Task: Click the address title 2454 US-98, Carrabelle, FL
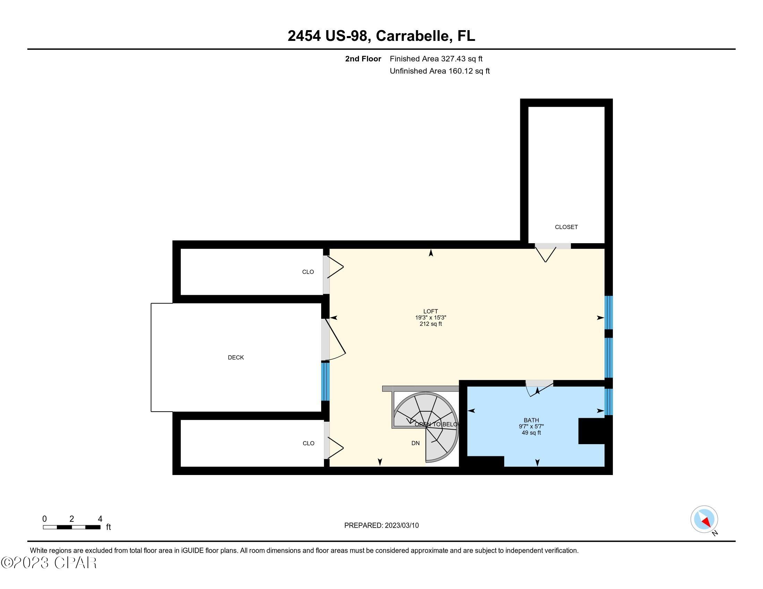381,36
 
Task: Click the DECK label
236,357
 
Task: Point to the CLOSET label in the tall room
566,227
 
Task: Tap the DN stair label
415,443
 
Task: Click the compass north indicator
704,519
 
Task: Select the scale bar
72,527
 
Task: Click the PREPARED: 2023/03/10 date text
381,525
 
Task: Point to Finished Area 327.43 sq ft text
436,59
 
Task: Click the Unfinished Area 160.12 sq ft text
439,71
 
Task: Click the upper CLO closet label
308,272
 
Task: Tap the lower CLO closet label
308,443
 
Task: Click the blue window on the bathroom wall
608,402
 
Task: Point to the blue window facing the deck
325,381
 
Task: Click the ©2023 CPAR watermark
49,563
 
